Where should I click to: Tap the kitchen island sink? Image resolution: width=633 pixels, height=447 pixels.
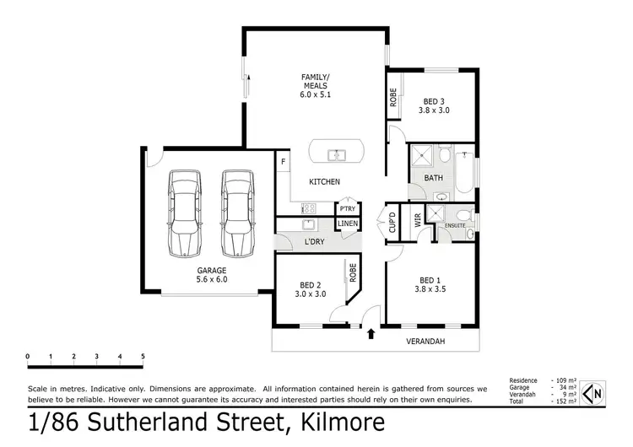pyautogui.click(x=336, y=154)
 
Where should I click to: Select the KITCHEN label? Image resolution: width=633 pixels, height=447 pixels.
pyautogui.click(x=324, y=181)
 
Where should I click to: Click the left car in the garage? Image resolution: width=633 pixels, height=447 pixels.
pyautogui.click(x=183, y=214)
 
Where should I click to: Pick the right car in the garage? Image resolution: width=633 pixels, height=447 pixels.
pyautogui.click(x=237, y=214)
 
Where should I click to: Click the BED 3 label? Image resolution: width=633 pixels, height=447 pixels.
pyautogui.click(x=436, y=105)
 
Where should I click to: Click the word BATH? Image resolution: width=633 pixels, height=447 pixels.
pyautogui.click(x=433, y=178)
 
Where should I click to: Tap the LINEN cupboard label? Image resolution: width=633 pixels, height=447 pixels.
pyautogui.click(x=348, y=223)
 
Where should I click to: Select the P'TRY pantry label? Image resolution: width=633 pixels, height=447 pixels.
pyautogui.click(x=347, y=208)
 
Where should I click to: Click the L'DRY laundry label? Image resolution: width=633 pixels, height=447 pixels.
pyautogui.click(x=315, y=242)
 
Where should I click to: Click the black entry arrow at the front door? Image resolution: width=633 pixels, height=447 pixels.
pyautogui.click(x=371, y=336)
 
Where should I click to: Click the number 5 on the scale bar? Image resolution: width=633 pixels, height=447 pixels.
pyautogui.click(x=143, y=356)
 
